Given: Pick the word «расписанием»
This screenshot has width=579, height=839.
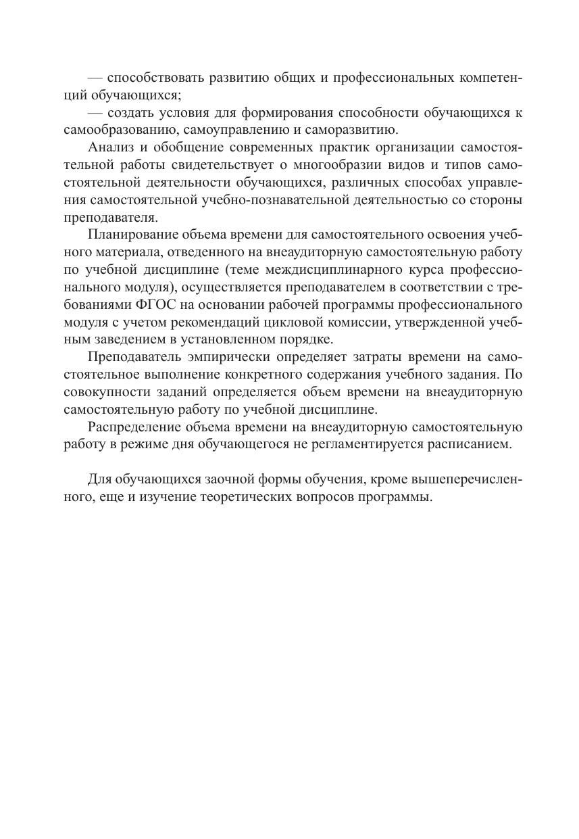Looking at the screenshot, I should [480, 444].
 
